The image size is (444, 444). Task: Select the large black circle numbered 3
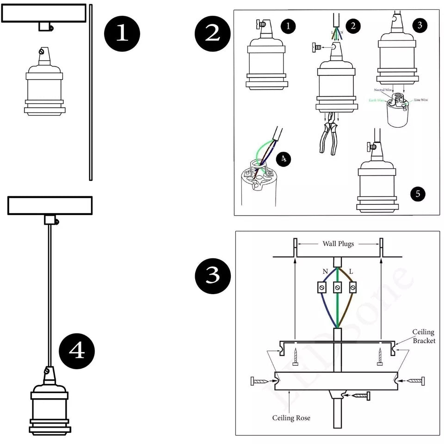[213, 276]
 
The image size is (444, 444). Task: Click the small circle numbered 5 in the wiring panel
[418, 194]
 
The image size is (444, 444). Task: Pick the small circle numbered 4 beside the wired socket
[284, 159]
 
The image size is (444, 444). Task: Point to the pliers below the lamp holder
[329, 136]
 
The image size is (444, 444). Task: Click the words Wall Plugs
[338, 243]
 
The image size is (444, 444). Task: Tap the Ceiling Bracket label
[423, 336]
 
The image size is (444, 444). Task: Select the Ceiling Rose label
[291, 418]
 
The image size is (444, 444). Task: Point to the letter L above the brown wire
[351, 271]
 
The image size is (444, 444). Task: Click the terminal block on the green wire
[338, 288]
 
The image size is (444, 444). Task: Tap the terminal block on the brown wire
[353, 288]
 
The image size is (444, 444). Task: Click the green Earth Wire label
[376, 99]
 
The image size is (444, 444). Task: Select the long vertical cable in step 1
[91, 92]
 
